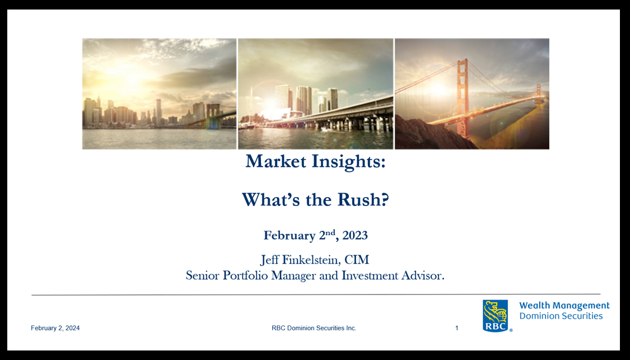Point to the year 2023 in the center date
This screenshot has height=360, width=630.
point(355,235)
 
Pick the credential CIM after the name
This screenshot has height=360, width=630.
point(356,260)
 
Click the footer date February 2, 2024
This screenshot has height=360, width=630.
point(55,328)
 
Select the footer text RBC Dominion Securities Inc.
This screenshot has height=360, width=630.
point(314,328)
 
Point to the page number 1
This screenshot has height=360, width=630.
point(457,328)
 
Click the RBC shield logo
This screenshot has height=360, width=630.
point(496,315)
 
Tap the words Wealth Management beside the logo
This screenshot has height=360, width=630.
point(564,306)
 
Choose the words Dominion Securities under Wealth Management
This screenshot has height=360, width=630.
point(561,316)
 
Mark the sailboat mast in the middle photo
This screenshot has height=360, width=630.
point(251,106)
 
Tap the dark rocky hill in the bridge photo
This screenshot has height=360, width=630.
point(430,133)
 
